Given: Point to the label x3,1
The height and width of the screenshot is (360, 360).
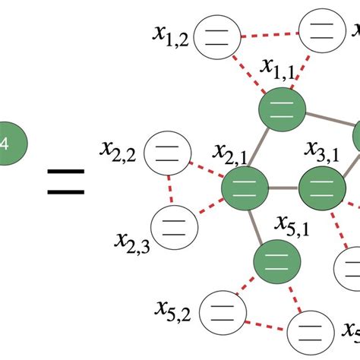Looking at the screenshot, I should coord(323,151).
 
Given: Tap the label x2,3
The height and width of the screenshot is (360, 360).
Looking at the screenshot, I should coord(131,241).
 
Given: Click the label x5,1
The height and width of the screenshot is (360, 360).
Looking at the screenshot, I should coord(292,226).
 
